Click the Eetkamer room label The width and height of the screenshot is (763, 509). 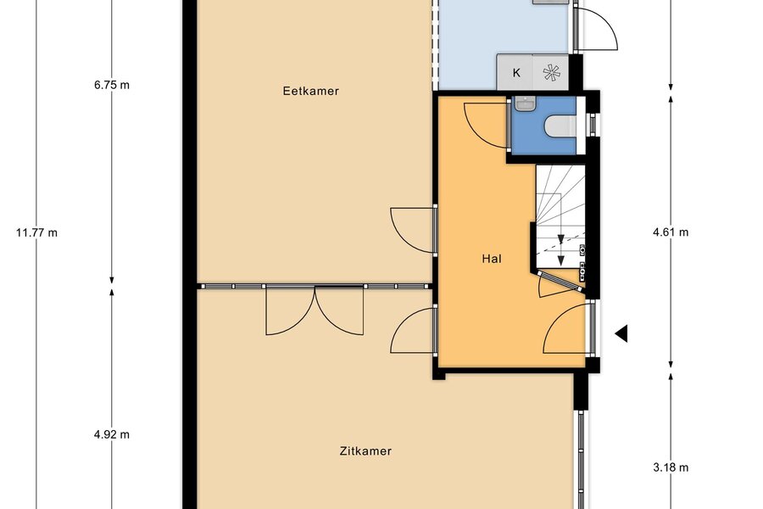tap(310, 91)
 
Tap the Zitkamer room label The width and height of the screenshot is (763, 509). tap(365, 451)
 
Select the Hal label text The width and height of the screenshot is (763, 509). tap(492, 259)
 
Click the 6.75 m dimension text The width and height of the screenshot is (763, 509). tap(112, 85)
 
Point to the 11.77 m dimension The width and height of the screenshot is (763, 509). tap(37, 232)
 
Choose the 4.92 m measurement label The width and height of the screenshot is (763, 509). tap(112, 434)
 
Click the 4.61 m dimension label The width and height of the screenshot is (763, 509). tap(671, 232)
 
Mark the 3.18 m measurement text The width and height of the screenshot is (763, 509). tap(671, 467)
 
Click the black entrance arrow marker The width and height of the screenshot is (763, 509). tap(621, 334)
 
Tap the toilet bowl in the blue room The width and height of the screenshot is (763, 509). tap(560, 126)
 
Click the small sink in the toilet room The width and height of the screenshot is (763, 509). tap(526, 103)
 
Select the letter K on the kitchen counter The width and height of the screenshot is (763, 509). tap(516, 73)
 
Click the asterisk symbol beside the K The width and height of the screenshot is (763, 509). tap(551, 73)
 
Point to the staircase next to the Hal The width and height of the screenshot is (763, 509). tap(560, 216)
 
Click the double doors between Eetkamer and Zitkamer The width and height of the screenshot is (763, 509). tap(315, 310)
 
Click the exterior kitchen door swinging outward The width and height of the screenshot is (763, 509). tap(596, 28)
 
